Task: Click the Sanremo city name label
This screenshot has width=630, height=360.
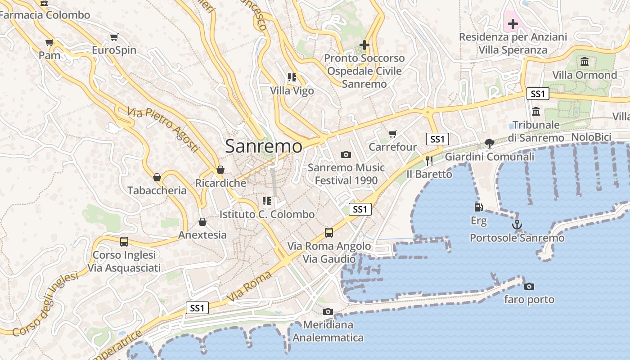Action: pos(264,146)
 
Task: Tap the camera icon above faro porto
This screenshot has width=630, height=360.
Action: pos(529,286)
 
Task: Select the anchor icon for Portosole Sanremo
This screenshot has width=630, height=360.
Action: pos(517,224)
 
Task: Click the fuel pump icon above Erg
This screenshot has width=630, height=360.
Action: pos(478,207)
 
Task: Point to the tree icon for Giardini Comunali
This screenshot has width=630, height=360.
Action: pos(490,144)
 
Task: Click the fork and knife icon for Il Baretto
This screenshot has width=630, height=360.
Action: pos(429,161)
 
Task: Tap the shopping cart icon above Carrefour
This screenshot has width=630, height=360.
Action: pos(392,134)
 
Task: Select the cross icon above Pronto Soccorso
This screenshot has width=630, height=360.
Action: pos(364,45)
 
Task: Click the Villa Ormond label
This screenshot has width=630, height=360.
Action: pos(585,75)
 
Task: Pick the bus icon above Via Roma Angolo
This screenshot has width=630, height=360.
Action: pos(329,233)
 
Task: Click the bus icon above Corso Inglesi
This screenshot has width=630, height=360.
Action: pos(124,242)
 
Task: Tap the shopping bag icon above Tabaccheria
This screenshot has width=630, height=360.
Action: pos(157,177)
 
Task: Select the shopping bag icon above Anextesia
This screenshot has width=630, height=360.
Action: pos(202,222)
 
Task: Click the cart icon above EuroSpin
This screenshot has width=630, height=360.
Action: pos(114,37)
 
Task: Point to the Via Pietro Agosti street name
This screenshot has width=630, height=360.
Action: pos(163,129)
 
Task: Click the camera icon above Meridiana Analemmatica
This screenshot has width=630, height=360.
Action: pos(328,311)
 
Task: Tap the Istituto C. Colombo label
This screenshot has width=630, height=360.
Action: pos(267,214)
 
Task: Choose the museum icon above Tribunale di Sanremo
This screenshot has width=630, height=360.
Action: pos(536,111)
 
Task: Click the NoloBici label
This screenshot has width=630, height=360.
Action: pos(591,137)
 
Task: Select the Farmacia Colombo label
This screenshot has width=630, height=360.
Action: pos(45,15)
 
